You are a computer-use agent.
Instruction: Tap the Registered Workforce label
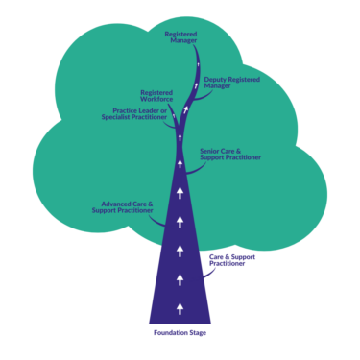click(156, 96)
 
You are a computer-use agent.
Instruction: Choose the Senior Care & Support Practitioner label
click(230, 154)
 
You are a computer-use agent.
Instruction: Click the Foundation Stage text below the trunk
click(180, 333)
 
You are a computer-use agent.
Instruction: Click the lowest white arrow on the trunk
click(180, 307)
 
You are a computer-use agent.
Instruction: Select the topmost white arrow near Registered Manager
click(195, 84)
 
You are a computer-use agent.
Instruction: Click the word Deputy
click(216, 79)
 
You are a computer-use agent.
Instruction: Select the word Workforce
click(156, 100)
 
